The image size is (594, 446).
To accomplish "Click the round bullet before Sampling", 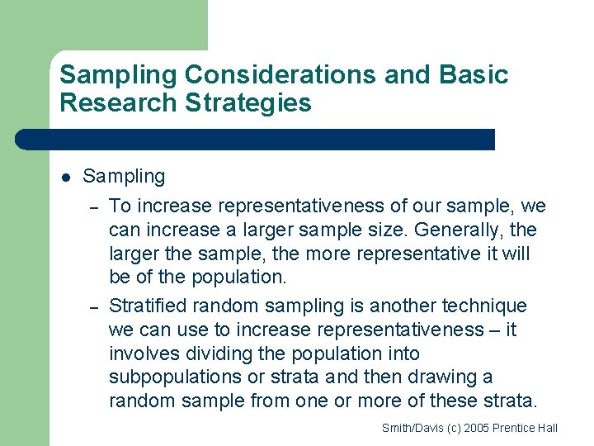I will pos(66,177).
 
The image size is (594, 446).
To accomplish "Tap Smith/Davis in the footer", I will pos(410,428).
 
